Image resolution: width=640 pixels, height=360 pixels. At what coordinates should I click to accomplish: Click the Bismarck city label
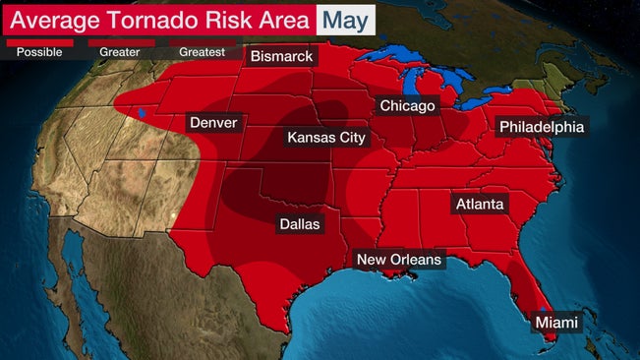tap(281, 57)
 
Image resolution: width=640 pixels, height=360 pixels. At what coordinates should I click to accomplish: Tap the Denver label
tap(212, 123)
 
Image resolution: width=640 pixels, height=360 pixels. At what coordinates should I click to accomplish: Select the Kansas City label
tap(325, 138)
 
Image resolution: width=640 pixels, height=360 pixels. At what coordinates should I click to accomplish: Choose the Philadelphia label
tap(542, 127)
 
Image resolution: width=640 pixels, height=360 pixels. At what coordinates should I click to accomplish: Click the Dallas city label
tap(300, 224)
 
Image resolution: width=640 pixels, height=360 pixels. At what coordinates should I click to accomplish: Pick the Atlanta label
tap(479, 205)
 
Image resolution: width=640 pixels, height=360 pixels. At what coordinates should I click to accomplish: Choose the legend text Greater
tap(120, 52)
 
